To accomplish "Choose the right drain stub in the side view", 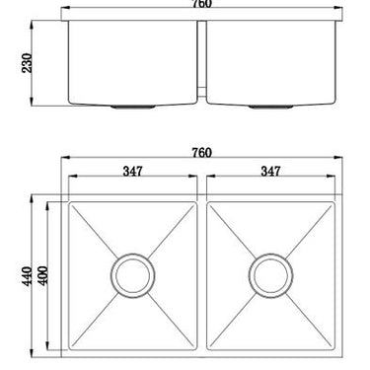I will [x=272, y=104].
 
